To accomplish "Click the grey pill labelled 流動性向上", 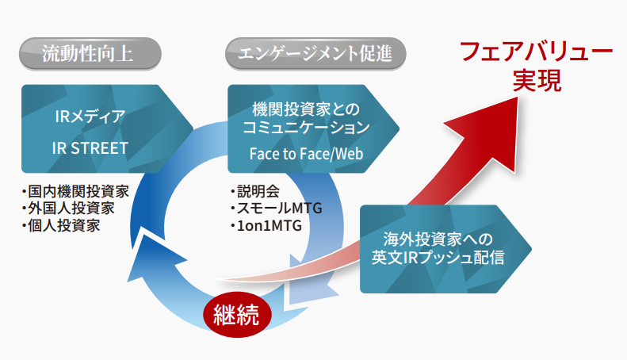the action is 90,54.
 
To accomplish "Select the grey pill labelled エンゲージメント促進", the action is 315,54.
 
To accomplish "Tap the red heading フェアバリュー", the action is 536,52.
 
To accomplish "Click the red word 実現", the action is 537,80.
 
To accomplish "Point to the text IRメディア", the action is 90,117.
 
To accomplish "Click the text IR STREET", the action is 90,148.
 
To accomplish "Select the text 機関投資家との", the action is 306,109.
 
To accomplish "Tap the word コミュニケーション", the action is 306,128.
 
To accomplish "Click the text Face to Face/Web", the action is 306,154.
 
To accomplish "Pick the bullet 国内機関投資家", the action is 76,192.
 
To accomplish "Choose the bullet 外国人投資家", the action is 69,209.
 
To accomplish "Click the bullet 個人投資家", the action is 61,226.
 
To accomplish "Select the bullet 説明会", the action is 255,191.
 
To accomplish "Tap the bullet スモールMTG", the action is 277,209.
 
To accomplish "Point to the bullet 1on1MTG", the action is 266,226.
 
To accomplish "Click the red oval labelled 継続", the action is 237,314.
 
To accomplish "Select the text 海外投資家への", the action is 438,239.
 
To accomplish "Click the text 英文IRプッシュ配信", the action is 438,257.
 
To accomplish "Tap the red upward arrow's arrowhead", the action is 487,132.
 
